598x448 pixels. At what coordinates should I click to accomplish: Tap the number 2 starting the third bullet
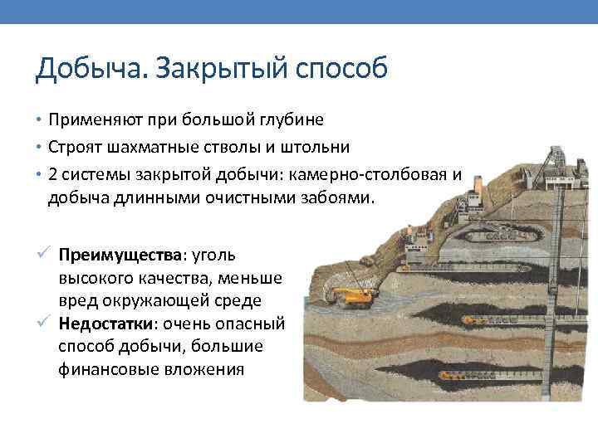pos(53,173)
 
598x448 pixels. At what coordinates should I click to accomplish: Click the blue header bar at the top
pos(299,12)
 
